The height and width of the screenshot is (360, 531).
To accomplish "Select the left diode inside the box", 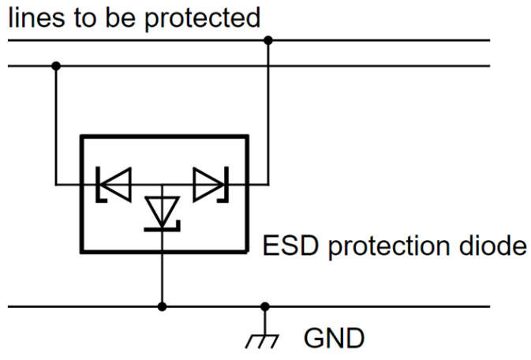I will click(113, 185).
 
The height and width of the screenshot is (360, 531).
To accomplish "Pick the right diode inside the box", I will click(211, 185).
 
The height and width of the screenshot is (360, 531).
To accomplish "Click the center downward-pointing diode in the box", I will click(162, 212).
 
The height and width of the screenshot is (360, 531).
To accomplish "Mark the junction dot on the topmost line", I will click(267, 40).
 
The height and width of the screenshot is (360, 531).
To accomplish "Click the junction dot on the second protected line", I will click(55, 66).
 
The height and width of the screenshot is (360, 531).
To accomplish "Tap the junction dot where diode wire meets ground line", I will click(162, 306).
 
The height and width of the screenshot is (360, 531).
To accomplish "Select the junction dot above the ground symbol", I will click(265, 306).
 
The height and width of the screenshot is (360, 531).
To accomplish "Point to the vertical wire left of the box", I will click(55, 126).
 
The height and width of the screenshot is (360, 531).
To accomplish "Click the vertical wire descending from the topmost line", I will click(267, 111).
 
